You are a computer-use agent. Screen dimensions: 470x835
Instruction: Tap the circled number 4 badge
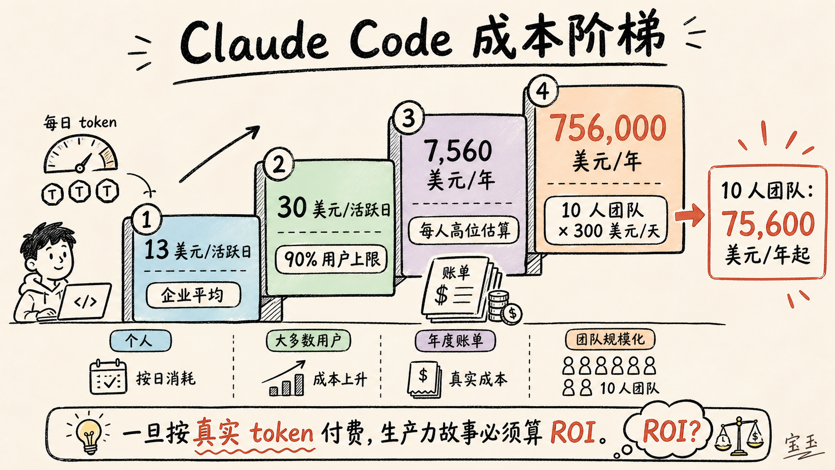tap(542, 91)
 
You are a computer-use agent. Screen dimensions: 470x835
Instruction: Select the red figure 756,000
tap(608, 128)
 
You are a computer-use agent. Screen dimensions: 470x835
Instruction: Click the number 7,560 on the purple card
tap(458, 151)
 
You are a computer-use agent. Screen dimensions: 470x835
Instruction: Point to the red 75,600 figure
tap(768, 223)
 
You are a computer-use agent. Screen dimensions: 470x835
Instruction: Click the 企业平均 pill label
tap(193, 295)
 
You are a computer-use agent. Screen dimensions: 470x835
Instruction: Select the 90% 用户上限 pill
tap(331, 259)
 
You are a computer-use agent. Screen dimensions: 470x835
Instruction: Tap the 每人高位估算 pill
tap(463, 230)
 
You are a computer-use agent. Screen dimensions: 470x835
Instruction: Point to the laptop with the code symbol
tap(85, 302)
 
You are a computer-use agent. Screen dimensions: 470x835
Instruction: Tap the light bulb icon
tap(89, 433)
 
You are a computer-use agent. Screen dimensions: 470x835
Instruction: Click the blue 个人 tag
tap(140, 341)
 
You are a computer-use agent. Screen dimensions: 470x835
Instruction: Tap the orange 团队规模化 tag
tap(610, 339)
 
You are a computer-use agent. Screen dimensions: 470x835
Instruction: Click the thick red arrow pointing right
tap(689, 216)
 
